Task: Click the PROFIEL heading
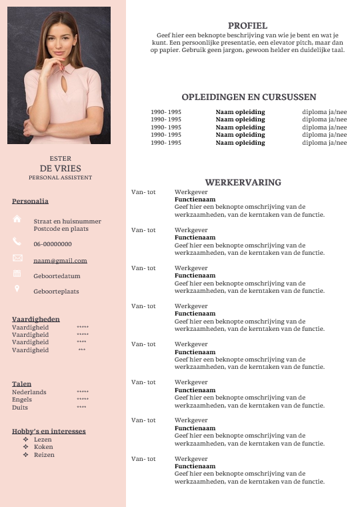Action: coord(247,25)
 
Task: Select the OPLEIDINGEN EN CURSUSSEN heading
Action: coord(249,97)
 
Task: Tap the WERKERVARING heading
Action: coord(243,182)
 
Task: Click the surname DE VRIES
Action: coord(60,168)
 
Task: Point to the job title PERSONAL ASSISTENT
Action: coord(60,177)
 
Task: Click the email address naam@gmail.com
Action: coord(60,261)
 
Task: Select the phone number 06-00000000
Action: coord(53,244)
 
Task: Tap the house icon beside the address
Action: coord(17,219)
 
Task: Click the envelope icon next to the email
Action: coord(17,258)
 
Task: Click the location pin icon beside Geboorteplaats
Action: coord(17,290)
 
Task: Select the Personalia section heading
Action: coord(30,201)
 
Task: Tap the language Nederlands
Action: coord(29,392)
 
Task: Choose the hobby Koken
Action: coord(43,447)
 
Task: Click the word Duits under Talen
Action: coord(20,407)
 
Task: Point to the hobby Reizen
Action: coord(44,455)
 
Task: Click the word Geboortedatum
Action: coord(57,276)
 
